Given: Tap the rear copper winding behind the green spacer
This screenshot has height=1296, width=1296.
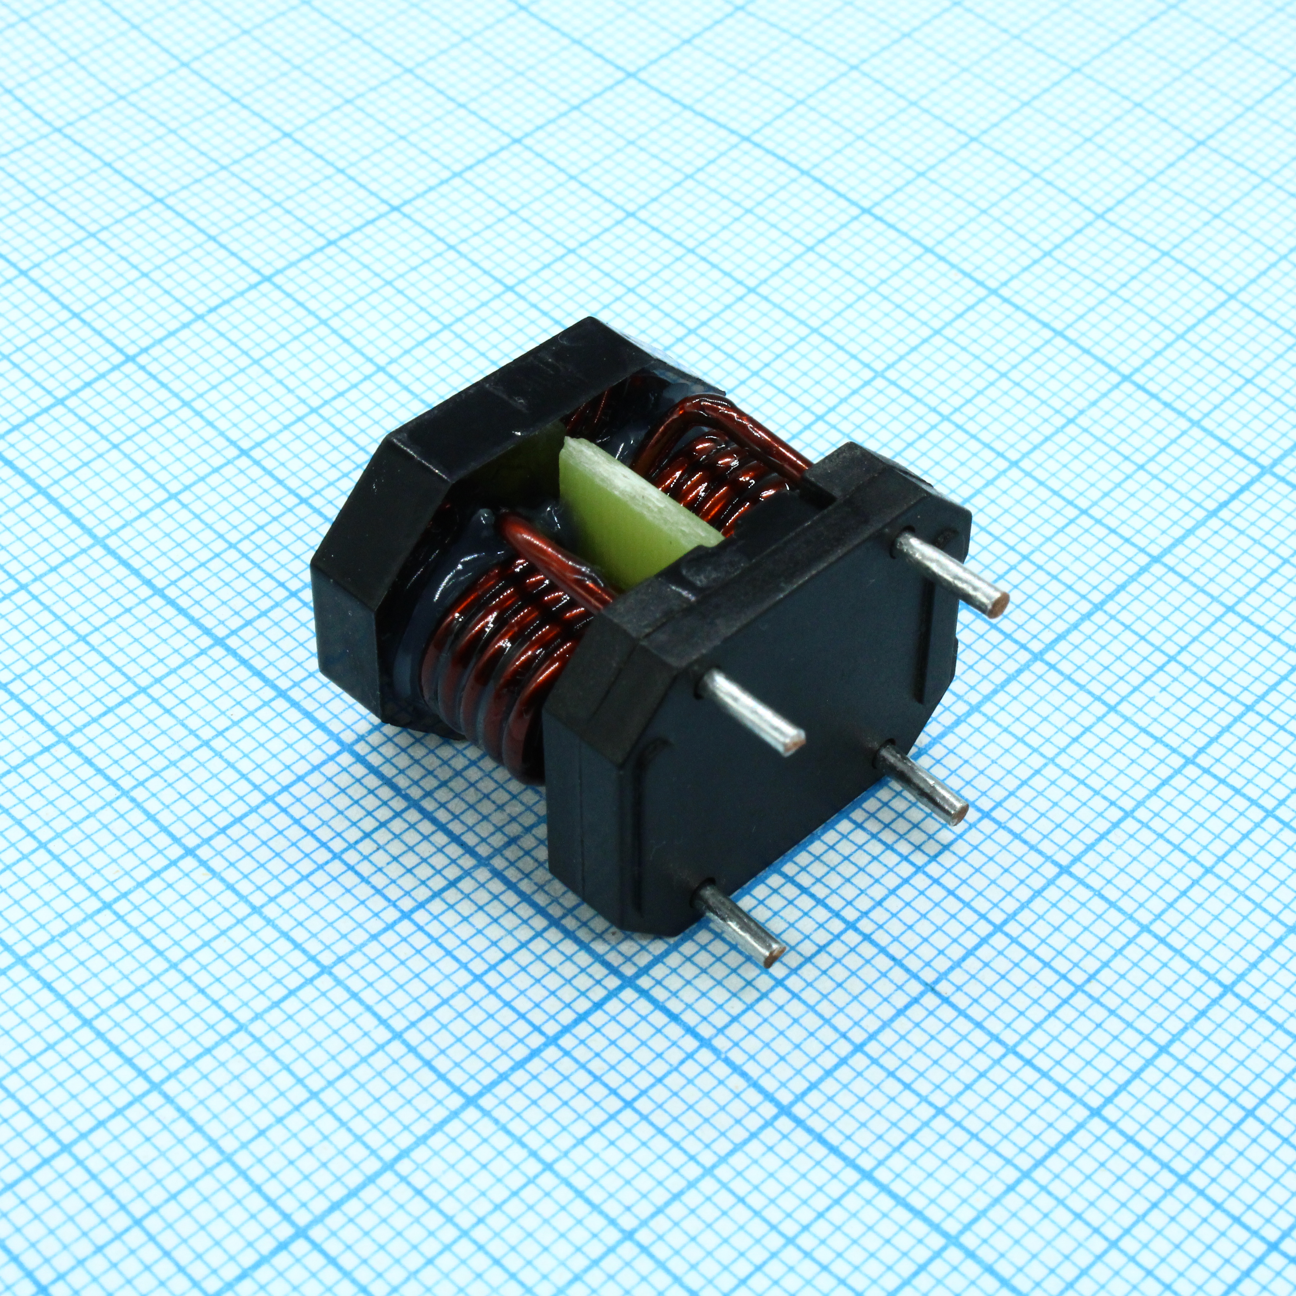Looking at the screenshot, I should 711,469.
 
